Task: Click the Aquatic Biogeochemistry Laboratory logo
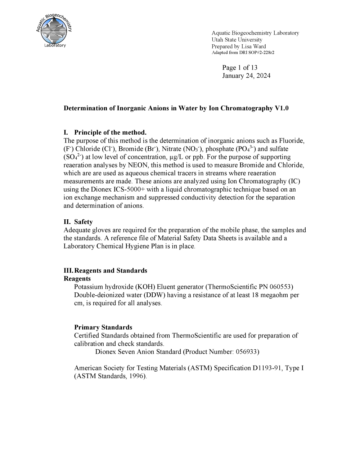tap(54, 31)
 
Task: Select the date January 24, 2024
tap(246, 76)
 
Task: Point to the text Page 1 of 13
tap(240, 68)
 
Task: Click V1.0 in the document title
tap(282, 108)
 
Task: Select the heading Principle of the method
tap(110, 133)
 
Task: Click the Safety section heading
tap(83, 222)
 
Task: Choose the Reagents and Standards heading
tap(111, 270)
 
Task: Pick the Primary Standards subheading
tap(103, 327)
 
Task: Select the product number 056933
tap(246, 352)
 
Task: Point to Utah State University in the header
tap(237, 40)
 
